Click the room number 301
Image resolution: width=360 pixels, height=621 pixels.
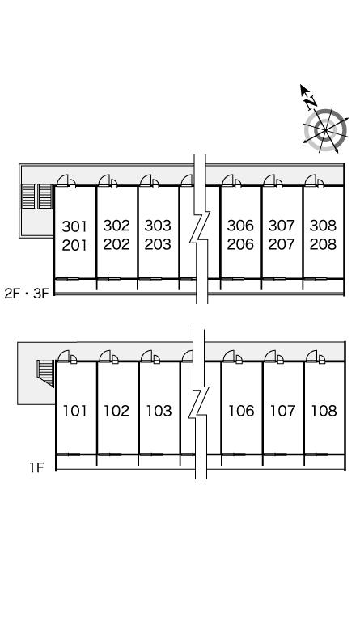tap(74, 226)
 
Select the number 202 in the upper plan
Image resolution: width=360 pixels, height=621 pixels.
tap(116, 244)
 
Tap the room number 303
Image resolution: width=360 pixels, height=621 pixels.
tap(158, 226)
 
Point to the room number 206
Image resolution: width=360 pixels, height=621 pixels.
tap(240, 244)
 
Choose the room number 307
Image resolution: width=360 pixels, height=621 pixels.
tap(282, 226)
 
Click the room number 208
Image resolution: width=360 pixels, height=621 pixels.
tap(323, 244)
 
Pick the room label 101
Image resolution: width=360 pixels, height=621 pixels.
tap(75, 411)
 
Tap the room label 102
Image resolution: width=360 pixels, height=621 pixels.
tap(116, 411)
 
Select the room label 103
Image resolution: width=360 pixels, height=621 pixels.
tap(159, 411)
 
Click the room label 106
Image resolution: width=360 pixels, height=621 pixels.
tap(241, 411)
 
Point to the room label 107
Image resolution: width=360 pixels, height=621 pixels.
tap(282, 411)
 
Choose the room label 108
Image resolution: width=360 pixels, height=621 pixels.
tap(324, 411)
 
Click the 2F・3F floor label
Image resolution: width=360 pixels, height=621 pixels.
tap(26, 294)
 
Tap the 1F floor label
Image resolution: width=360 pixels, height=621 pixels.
tap(36, 467)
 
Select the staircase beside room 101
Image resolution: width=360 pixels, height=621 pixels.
tap(45, 373)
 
